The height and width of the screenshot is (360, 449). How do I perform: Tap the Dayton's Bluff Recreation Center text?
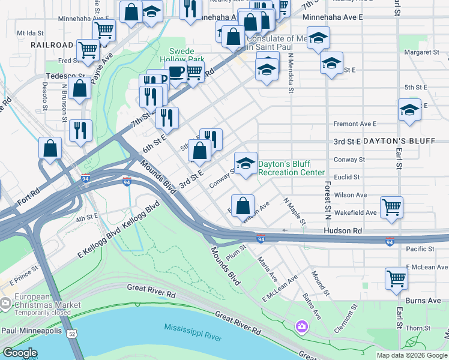coord(291,168)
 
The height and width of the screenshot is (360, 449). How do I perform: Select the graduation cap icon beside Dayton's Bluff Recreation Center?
coord(245,164)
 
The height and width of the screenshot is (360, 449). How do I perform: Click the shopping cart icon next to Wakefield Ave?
coord(391,207)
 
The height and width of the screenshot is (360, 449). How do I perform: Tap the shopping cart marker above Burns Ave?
coord(396,278)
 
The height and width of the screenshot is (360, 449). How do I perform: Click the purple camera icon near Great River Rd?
coord(301,326)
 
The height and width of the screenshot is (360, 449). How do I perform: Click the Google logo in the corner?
coord(20,353)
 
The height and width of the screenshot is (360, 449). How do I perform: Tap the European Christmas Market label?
coord(40,301)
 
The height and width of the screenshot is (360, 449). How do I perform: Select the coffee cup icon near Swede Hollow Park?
coord(176,73)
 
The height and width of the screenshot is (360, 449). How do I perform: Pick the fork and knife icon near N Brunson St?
coord(80,130)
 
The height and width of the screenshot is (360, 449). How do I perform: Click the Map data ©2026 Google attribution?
coord(412,355)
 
